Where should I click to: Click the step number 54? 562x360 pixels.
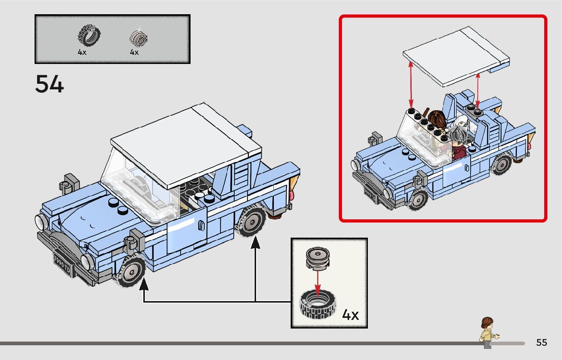click(x=50, y=84)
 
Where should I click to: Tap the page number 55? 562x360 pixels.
click(x=542, y=343)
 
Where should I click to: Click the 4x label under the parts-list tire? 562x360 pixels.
click(x=82, y=52)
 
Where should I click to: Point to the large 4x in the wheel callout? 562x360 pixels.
click(x=350, y=315)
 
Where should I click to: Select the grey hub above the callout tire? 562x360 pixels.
click(x=318, y=258)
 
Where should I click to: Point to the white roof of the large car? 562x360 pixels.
click(x=185, y=142)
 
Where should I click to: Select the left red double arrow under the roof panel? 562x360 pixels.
click(x=411, y=84)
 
